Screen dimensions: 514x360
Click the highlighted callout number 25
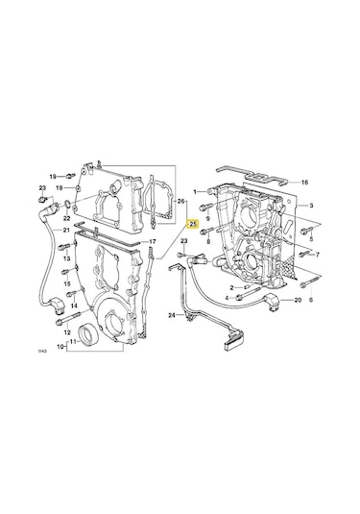tap(193, 225)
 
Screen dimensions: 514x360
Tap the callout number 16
tap(304, 182)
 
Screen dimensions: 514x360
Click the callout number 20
tap(298, 301)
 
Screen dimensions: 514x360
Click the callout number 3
tap(310, 206)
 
